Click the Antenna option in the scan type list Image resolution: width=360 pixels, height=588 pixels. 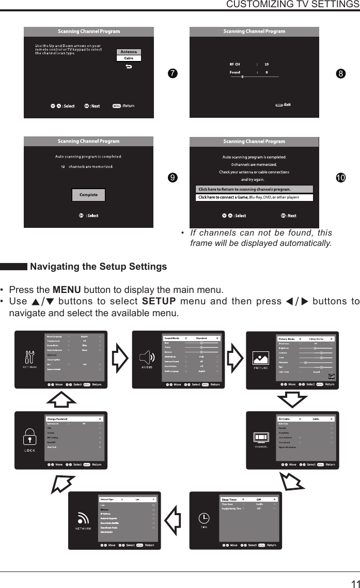pos(129,52)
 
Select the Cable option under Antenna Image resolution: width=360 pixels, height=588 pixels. pos(129,58)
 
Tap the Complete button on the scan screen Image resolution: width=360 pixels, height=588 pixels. pos(88,195)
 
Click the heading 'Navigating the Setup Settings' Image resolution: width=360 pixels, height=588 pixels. pos(98,267)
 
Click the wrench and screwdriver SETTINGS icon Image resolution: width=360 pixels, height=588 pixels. pos(29,357)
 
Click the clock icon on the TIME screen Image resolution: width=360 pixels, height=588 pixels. pos(204,518)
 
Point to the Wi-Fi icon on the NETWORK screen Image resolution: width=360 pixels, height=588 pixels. pos(83,518)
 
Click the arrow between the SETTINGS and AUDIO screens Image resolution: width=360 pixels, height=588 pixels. pos(120,358)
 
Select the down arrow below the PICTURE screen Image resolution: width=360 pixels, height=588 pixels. pos(292,398)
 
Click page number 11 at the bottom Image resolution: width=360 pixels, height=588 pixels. pos(354,583)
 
